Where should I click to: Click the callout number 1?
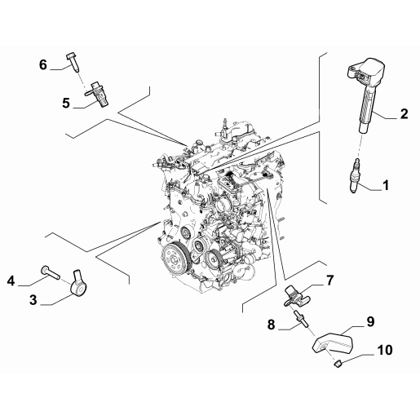pos(386,185)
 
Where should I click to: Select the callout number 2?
pos(404,113)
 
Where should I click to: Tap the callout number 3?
pos(33,300)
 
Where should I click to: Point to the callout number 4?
pos(11,281)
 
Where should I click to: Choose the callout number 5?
pos(66,104)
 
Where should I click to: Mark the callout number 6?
pos(43,64)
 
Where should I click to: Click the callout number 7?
pos(329,281)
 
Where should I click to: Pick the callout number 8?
pos(271,325)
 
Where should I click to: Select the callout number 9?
pos(370,321)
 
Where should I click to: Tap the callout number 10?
pos(385,350)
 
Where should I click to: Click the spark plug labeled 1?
pos(355,175)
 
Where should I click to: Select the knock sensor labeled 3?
pos(79,285)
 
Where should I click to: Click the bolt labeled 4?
pos(51,272)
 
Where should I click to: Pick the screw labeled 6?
pos(72,60)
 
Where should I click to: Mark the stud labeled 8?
pos(300,319)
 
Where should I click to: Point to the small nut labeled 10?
pos(338,364)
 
